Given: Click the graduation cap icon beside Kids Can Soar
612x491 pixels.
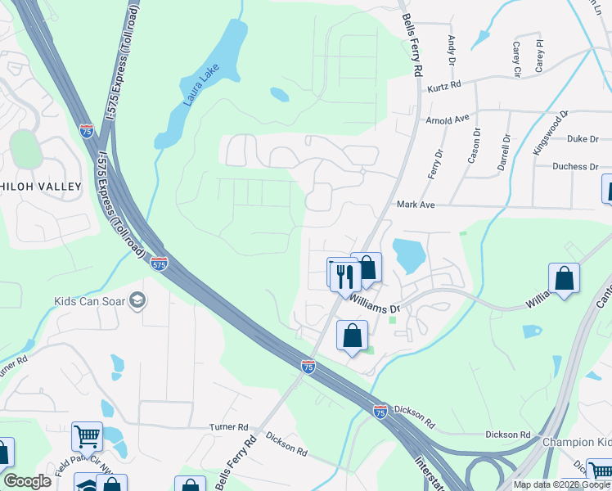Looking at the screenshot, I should [137, 301].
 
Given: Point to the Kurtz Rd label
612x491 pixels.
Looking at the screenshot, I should [443, 84].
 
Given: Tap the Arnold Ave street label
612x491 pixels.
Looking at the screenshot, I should [448, 120].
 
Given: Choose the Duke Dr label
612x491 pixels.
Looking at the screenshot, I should [583, 139].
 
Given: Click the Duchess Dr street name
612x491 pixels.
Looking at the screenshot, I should [576, 166].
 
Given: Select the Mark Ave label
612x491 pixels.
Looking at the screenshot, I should [414, 205].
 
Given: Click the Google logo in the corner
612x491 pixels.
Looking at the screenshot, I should [27, 481].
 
